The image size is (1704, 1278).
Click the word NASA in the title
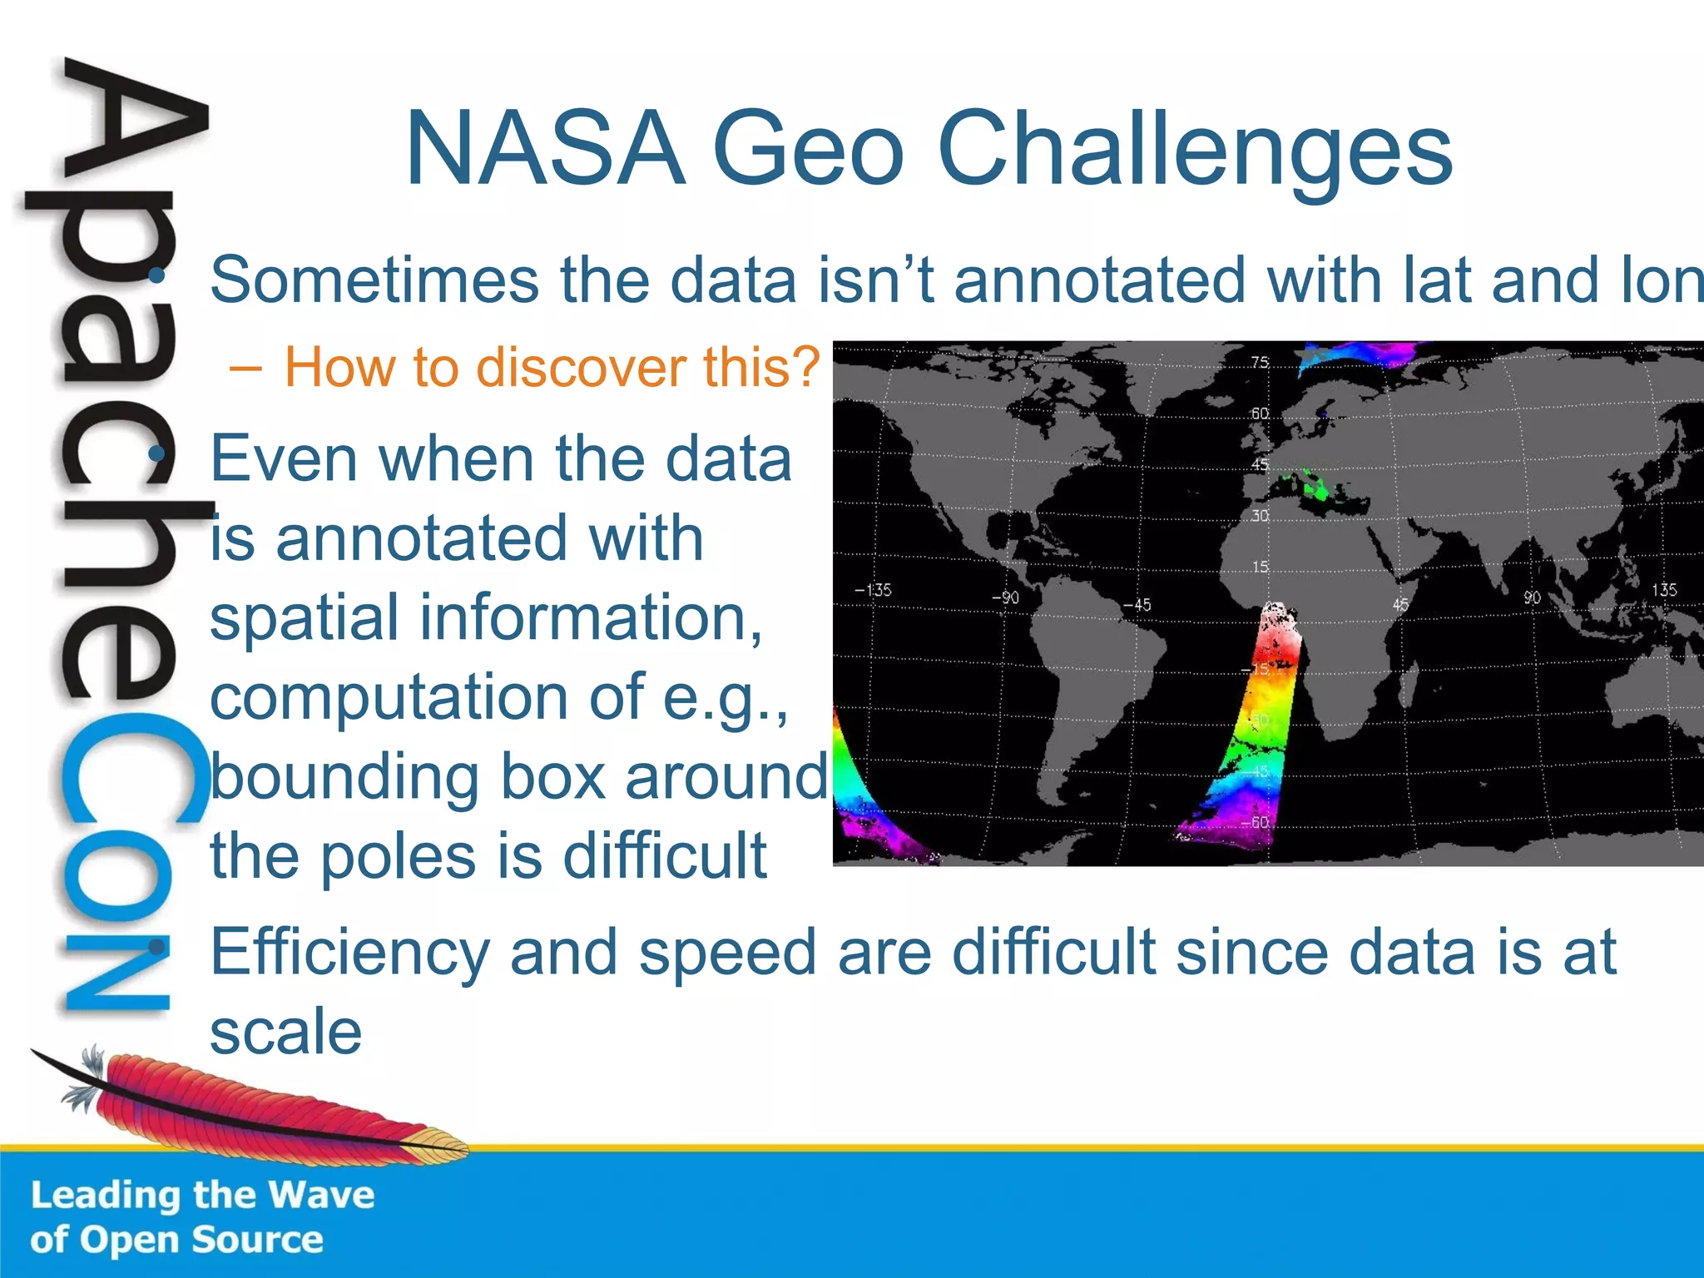click(x=545, y=150)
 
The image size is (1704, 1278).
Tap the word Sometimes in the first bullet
click(x=374, y=280)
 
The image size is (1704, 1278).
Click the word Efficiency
click(x=349, y=954)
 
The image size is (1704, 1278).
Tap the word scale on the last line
click(x=285, y=1032)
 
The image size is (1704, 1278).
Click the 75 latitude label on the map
click(x=1260, y=363)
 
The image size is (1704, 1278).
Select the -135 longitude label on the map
click(x=873, y=590)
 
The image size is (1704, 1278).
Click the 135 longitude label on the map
click(x=1664, y=590)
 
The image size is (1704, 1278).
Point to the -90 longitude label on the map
click(x=1005, y=597)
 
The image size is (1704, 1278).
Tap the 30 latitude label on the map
click(x=1260, y=516)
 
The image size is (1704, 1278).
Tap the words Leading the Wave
click(x=202, y=1196)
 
